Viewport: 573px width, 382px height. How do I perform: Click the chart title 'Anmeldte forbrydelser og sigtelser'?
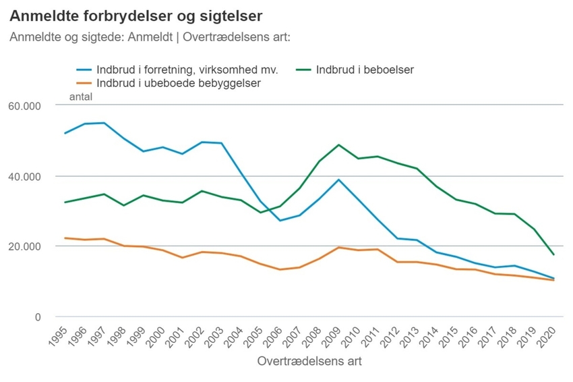tap(136, 14)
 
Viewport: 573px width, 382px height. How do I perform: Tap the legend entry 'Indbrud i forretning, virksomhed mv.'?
tap(187, 69)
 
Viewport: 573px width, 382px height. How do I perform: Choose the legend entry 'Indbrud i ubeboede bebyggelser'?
tap(178, 84)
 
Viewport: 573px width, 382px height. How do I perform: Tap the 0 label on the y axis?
tap(38, 317)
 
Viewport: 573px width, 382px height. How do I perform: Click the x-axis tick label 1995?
tap(59, 334)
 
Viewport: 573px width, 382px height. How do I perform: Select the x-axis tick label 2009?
tap(333, 334)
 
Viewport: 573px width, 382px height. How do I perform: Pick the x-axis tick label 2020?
tap(548, 334)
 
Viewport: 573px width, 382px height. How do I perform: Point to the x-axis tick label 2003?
tap(216, 334)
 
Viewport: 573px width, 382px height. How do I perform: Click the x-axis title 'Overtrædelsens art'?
tap(309, 361)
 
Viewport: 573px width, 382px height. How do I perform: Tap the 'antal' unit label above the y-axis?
tap(81, 97)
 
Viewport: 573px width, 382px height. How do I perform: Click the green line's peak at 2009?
tap(338, 145)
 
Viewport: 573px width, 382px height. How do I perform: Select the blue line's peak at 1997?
tap(104, 123)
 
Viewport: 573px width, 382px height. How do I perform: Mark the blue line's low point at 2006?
tap(280, 221)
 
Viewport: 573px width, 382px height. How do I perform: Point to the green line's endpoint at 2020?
tap(553, 254)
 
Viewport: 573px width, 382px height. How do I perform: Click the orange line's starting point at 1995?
tap(65, 238)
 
